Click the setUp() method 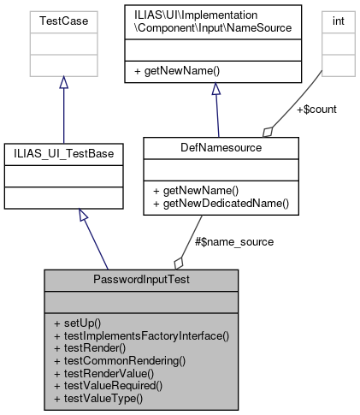[x=77, y=324]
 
